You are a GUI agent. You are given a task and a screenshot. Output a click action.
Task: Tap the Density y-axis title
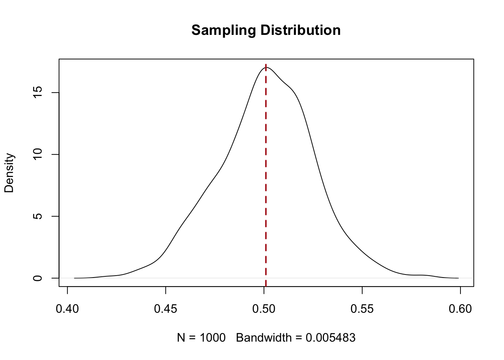9,173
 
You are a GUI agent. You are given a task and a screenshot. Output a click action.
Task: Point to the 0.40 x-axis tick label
67,309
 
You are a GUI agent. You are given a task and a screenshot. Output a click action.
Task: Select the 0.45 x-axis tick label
166,309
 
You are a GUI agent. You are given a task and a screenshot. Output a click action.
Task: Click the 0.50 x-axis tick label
264,309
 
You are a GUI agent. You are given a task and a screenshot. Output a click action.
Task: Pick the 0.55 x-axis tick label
362,309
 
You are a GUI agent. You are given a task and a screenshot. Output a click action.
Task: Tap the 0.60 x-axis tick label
460,309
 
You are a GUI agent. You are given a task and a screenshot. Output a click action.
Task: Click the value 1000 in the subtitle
213,338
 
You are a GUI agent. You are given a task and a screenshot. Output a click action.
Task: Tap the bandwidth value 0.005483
330,338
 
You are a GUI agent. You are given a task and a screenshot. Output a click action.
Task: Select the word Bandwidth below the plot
264,338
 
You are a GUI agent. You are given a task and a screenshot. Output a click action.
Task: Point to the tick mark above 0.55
362,290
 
